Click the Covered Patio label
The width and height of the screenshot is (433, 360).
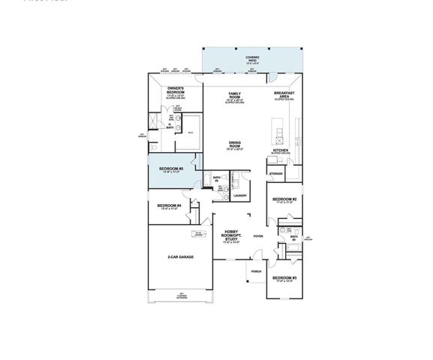tap(252, 58)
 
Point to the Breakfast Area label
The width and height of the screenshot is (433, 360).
tap(282, 94)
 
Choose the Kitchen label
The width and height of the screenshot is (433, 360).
tap(281, 151)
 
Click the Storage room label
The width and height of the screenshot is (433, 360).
tap(275, 173)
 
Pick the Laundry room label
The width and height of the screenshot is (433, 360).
tap(239, 195)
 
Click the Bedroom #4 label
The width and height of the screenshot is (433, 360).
tap(169, 205)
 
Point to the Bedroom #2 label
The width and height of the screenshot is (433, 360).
tap(284, 199)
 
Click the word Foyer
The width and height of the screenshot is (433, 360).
tap(258, 236)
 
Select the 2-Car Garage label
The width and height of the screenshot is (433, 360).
tap(180, 257)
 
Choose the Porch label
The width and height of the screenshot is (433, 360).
tap(256, 271)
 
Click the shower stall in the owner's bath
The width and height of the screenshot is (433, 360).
tap(154, 121)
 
